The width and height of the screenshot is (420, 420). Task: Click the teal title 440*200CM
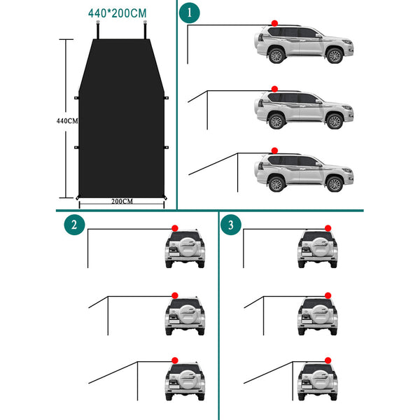coord(118,13)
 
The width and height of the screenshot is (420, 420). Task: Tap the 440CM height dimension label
coord(67,121)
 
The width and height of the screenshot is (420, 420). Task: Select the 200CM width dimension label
coord(122,201)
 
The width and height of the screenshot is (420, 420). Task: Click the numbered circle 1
coord(190,13)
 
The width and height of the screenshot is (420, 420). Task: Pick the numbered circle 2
coord(74,225)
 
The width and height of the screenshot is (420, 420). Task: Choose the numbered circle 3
coord(231,225)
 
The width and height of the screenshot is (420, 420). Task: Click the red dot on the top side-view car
coord(274,23)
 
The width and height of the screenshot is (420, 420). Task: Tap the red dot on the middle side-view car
coord(274,89)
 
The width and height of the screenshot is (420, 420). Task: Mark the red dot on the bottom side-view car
coord(274,150)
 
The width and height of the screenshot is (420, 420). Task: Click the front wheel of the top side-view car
coord(335,56)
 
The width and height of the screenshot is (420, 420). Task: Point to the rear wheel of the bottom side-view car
coord(276,184)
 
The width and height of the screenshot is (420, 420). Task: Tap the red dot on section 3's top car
coord(328,228)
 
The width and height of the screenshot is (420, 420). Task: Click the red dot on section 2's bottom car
coord(175,360)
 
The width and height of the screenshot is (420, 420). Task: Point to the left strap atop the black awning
coord(98,29)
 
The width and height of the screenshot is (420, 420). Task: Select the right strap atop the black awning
coord(145,29)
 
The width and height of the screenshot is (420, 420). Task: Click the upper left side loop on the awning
coord(76,98)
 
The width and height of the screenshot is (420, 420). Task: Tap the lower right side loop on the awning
coord(166,147)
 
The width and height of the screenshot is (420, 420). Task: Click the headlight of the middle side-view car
coord(347,108)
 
